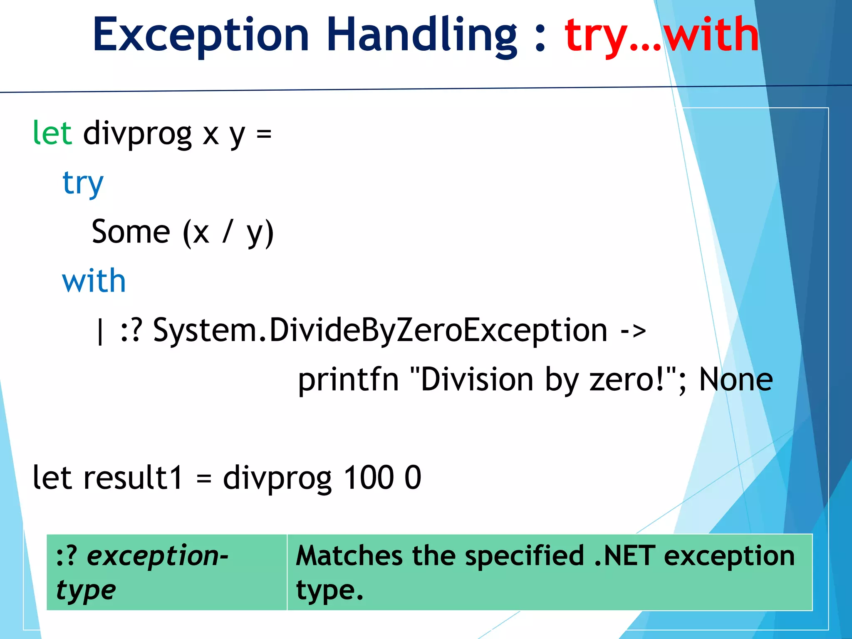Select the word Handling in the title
tap(422, 35)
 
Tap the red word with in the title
tap(711, 35)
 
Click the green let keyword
tap(52, 133)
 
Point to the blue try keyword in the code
tap(83, 183)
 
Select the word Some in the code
tap(131, 232)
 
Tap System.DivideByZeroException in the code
tap(380, 330)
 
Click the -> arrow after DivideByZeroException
tap(633, 331)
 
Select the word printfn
tap(348, 379)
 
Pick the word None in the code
tap(736, 379)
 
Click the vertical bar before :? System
tap(99, 331)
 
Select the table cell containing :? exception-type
tap(166, 572)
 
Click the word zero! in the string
tap(626, 379)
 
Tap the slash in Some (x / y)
tap(227, 232)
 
